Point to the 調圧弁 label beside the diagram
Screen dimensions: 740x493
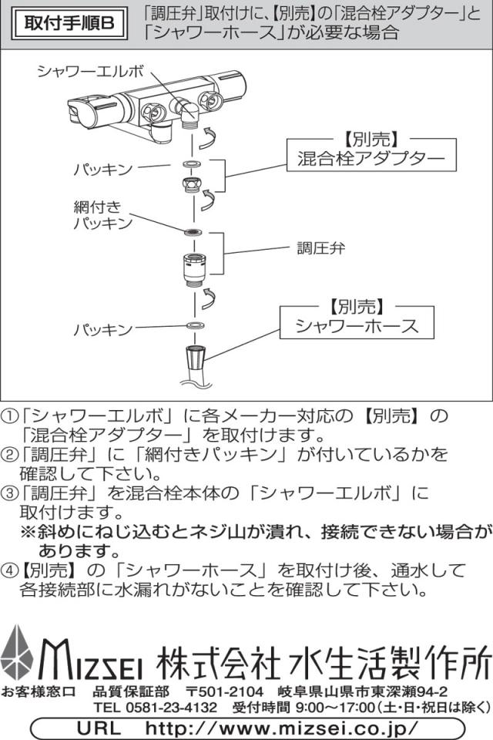point(321,248)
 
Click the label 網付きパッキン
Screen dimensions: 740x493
point(103,215)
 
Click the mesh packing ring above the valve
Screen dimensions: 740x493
point(193,232)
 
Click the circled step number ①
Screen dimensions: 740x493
point(10,416)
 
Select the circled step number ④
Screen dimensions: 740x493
point(10,572)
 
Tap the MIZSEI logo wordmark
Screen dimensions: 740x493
point(95,659)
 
